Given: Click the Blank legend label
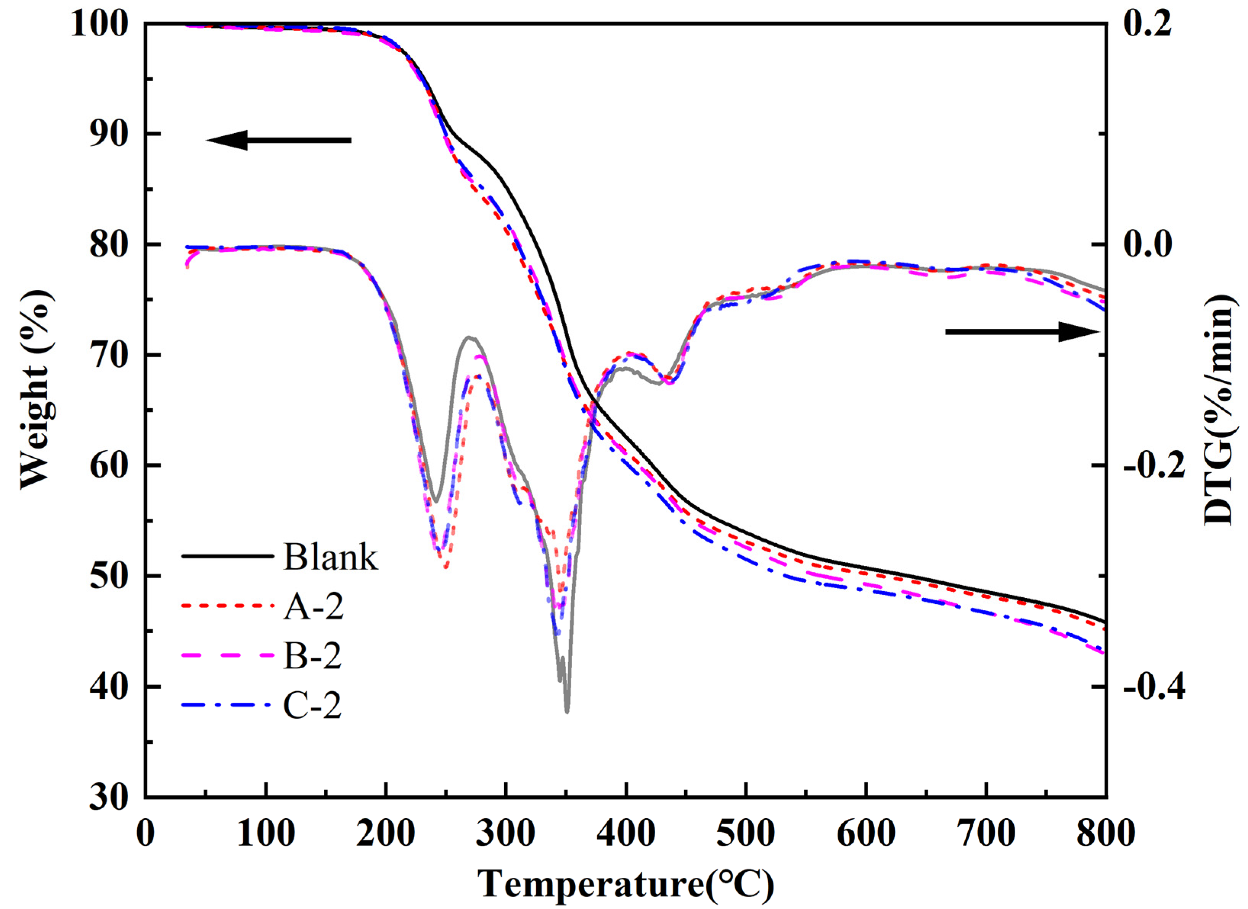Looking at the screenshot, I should click(x=331, y=557).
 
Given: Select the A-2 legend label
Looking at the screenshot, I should click(x=313, y=608).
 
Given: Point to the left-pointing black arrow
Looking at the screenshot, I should click(x=278, y=140).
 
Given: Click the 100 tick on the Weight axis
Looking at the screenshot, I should click(x=107, y=25).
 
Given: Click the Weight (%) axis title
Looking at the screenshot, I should click(x=37, y=389).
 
